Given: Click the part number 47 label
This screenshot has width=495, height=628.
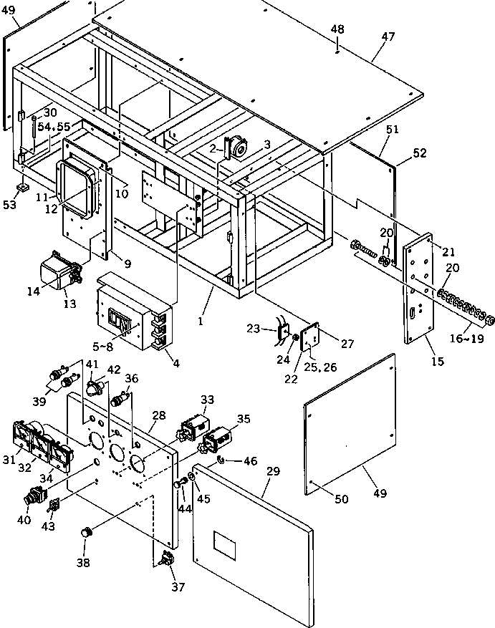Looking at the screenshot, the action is click(x=388, y=37).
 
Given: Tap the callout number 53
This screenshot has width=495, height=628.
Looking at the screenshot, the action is click(x=9, y=204).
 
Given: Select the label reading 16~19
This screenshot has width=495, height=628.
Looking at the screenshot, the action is click(x=466, y=338).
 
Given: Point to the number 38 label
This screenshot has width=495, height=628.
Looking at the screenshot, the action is click(x=83, y=562).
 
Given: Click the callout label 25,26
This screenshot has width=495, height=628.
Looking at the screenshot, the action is click(x=321, y=367).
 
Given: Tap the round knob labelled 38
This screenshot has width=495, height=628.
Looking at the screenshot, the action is click(x=86, y=533).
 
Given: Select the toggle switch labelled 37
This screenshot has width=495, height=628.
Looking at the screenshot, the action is click(x=167, y=559).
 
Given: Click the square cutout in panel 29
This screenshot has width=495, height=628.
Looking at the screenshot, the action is click(x=224, y=546).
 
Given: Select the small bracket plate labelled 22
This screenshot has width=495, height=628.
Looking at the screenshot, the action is click(x=309, y=337).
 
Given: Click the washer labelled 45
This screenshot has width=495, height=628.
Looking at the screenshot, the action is click(x=191, y=477).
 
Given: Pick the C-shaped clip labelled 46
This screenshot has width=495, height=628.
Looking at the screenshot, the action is click(x=221, y=459).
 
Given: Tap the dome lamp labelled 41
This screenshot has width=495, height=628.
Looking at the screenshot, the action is click(x=95, y=387).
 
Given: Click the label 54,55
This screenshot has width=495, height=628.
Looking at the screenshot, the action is click(x=54, y=127).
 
